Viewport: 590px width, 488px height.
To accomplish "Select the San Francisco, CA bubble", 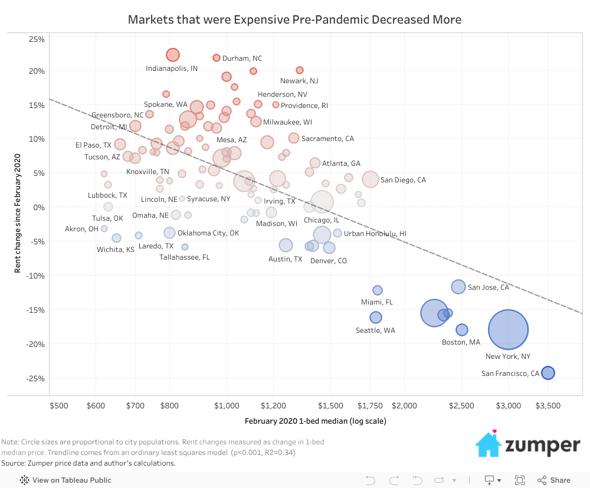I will [548, 373].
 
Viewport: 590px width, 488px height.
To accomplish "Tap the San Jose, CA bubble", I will [458, 287].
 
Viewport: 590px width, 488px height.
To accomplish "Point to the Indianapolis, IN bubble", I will [172, 55].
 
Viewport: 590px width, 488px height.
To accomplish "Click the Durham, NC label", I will [242, 58].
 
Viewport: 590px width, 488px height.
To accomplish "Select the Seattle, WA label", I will [375, 330].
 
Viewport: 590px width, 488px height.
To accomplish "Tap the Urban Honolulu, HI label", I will [375, 234].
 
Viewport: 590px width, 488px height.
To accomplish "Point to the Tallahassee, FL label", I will [184, 257].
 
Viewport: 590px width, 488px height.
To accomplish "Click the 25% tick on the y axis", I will [37, 40].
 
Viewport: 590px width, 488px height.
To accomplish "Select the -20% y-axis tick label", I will [36, 344].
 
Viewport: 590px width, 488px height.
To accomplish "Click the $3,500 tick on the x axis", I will [548, 406].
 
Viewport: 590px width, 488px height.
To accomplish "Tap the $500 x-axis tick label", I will [59, 406].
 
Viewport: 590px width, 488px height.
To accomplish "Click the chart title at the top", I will [294, 19].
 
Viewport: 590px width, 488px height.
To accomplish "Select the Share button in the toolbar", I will [554, 480].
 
